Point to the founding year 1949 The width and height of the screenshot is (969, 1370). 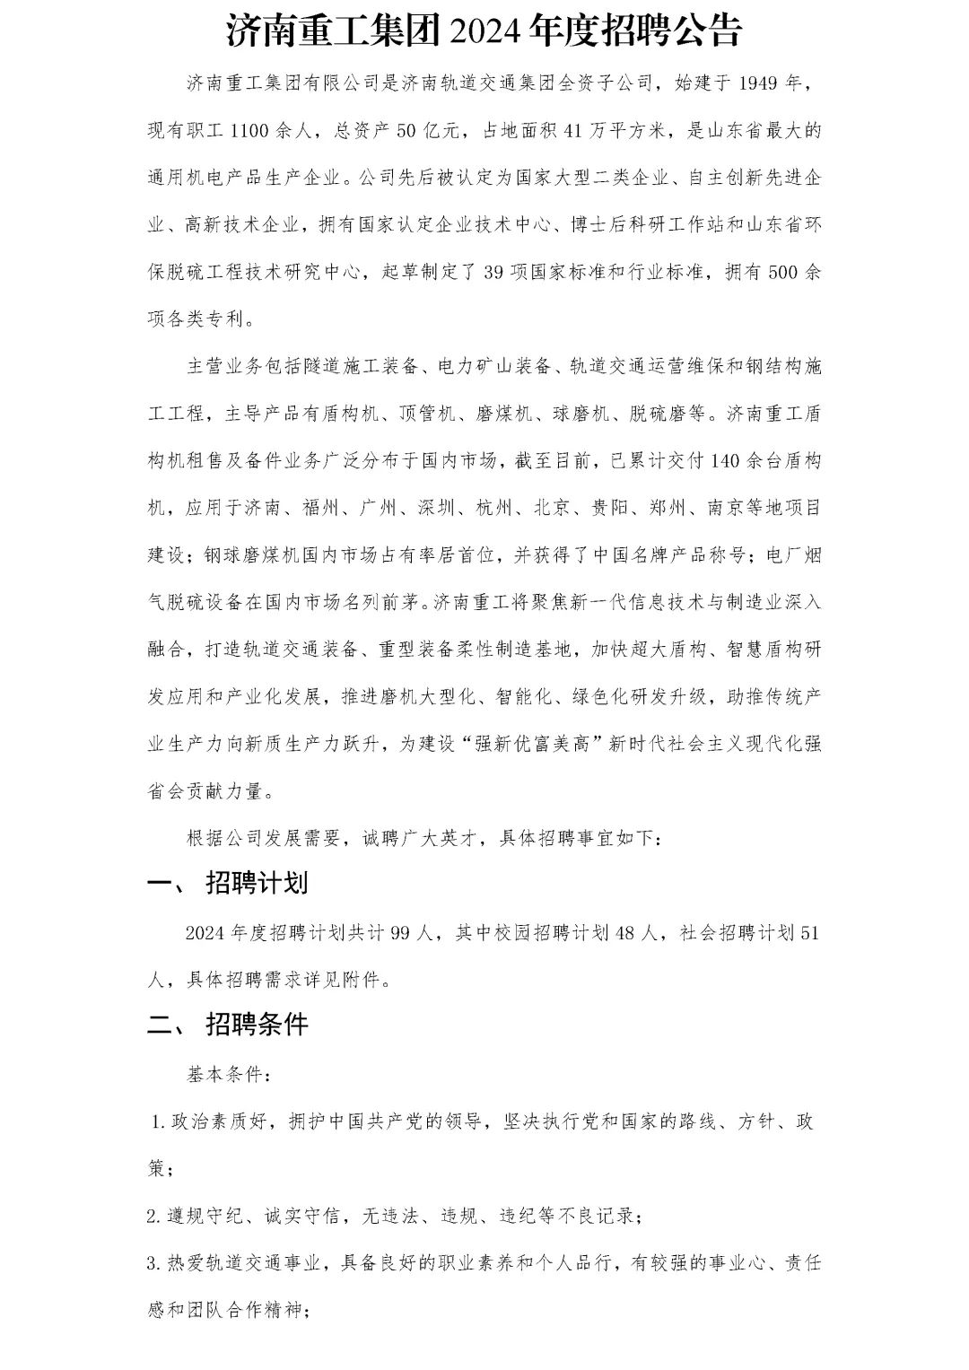759,83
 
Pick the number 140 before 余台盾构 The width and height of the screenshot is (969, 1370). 725,461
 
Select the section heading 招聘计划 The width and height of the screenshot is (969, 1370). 257,883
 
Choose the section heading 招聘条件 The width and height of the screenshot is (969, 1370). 257,1024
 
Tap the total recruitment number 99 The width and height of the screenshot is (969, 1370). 401,933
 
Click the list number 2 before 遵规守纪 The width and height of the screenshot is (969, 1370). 153,1217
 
